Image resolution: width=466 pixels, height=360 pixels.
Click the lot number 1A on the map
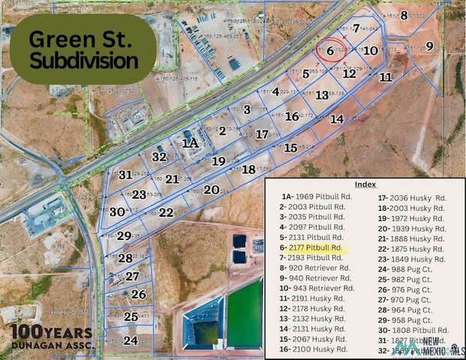(191, 142)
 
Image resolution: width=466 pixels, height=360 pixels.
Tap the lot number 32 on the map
(159, 157)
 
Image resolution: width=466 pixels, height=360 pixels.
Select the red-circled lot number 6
(330, 51)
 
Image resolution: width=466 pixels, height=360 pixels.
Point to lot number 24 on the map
(131, 340)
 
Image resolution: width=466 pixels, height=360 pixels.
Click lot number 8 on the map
(404, 15)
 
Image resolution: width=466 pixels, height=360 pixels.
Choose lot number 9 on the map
(430, 46)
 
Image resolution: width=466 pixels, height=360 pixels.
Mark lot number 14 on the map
(337, 118)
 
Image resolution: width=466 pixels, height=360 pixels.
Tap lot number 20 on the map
(211, 190)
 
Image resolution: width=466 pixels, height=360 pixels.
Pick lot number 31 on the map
(125, 175)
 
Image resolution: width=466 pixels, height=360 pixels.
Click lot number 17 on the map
(262, 134)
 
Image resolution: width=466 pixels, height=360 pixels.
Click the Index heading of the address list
(365, 184)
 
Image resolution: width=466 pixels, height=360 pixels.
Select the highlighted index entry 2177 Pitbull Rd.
(311, 247)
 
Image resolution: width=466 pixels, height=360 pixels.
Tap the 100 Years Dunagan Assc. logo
(51, 337)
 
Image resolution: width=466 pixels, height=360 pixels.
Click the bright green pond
(244, 312)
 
